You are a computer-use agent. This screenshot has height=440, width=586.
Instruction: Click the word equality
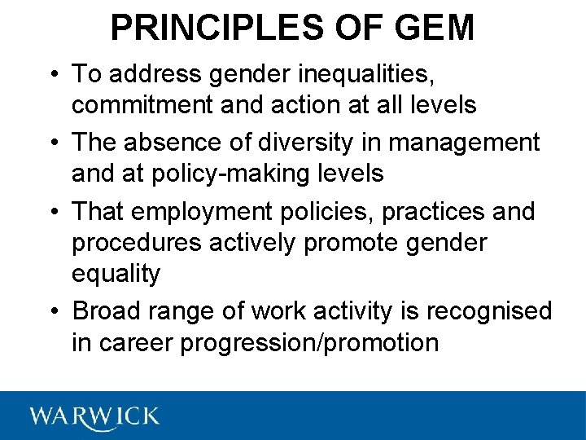(116, 275)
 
